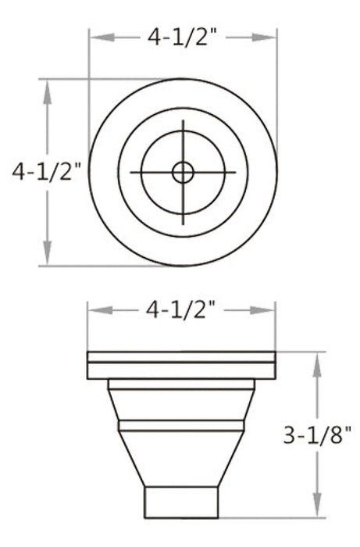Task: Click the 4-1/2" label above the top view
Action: (182, 36)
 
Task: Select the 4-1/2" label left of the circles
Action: (45, 171)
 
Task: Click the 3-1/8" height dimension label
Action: (317, 434)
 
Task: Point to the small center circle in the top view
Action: (183, 172)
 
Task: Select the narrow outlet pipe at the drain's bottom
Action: (182, 501)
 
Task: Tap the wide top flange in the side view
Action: (182, 365)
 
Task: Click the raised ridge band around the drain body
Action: (182, 425)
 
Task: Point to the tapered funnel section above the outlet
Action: (182, 457)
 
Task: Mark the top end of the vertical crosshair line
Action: (183, 121)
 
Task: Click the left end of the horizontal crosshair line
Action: (131, 172)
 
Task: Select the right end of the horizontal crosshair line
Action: (234, 172)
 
